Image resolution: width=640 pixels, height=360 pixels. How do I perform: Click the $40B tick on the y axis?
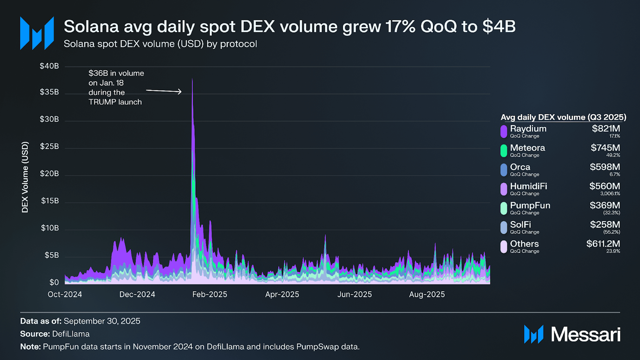click(x=49, y=66)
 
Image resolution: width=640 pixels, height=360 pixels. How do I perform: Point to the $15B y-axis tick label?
click(x=50, y=201)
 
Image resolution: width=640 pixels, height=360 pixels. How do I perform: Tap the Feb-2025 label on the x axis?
click(x=209, y=295)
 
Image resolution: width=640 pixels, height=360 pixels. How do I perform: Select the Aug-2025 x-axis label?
click(x=427, y=295)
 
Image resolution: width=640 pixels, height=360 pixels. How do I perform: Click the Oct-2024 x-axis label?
click(x=65, y=295)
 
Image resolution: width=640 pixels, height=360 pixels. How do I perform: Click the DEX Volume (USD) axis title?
click(x=25, y=177)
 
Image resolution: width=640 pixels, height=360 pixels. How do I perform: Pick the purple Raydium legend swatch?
click(x=504, y=131)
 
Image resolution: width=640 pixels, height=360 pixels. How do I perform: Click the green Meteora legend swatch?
click(x=504, y=151)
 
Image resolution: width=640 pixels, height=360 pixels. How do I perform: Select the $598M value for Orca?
click(x=605, y=167)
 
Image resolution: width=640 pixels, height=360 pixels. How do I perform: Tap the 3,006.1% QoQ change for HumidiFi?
click(x=610, y=194)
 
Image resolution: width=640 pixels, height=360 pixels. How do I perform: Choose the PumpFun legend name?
click(x=530, y=206)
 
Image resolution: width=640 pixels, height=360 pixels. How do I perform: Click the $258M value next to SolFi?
click(x=605, y=225)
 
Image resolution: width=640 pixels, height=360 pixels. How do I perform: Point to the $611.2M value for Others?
click(x=603, y=244)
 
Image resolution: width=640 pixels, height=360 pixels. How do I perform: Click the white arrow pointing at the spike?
click(x=164, y=91)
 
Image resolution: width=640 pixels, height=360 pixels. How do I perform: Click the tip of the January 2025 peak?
click(x=192, y=79)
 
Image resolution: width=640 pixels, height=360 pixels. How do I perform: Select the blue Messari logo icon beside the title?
click(x=37, y=33)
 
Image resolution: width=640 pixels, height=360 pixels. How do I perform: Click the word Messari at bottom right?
click(x=586, y=334)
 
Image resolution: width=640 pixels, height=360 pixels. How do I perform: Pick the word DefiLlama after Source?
click(x=71, y=334)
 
